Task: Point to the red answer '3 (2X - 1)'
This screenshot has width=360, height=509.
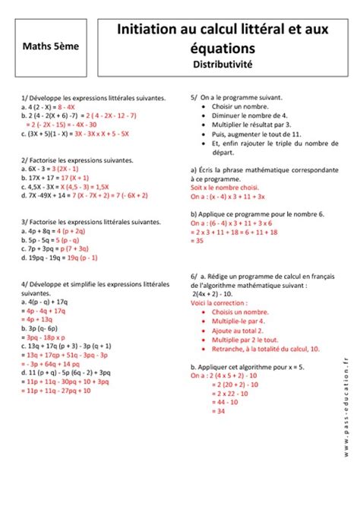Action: click(x=80, y=168)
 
